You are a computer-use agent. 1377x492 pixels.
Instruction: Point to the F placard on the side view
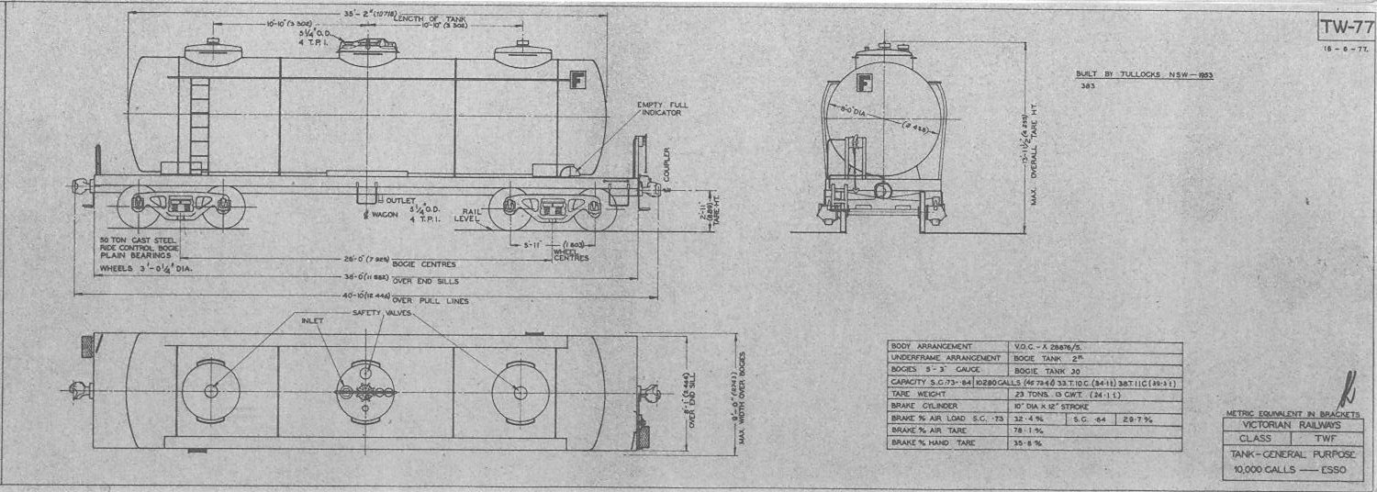pos(578,78)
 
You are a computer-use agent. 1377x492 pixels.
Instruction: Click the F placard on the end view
pos(864,83)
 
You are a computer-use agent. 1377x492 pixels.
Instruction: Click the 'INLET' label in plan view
pos(312,321)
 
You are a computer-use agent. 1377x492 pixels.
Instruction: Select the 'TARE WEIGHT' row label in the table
pos(918,391)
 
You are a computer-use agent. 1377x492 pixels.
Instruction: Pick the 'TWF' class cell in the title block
pos(1325,439)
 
